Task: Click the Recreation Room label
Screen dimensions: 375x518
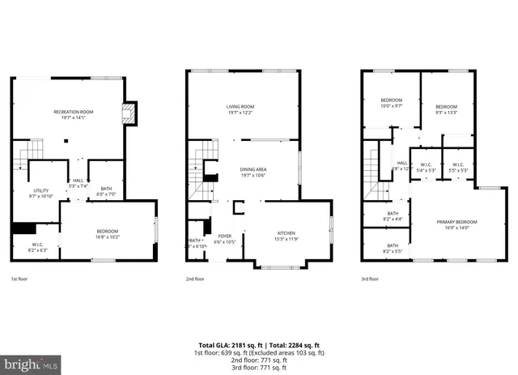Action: click(x=74, y=113)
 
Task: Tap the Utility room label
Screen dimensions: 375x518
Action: click(x=41, y=193)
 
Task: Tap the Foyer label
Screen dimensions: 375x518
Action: click(x=224, y=239)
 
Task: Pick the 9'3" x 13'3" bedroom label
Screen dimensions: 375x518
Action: click(x=446, y=110)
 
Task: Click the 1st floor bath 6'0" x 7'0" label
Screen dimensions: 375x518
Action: click(x=106, y=191)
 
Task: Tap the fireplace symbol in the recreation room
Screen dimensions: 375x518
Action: click(x=128, y=113)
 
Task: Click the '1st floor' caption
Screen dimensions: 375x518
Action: click(x=19, y=279)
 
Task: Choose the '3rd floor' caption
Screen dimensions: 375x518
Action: click(x=370, y=279)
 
